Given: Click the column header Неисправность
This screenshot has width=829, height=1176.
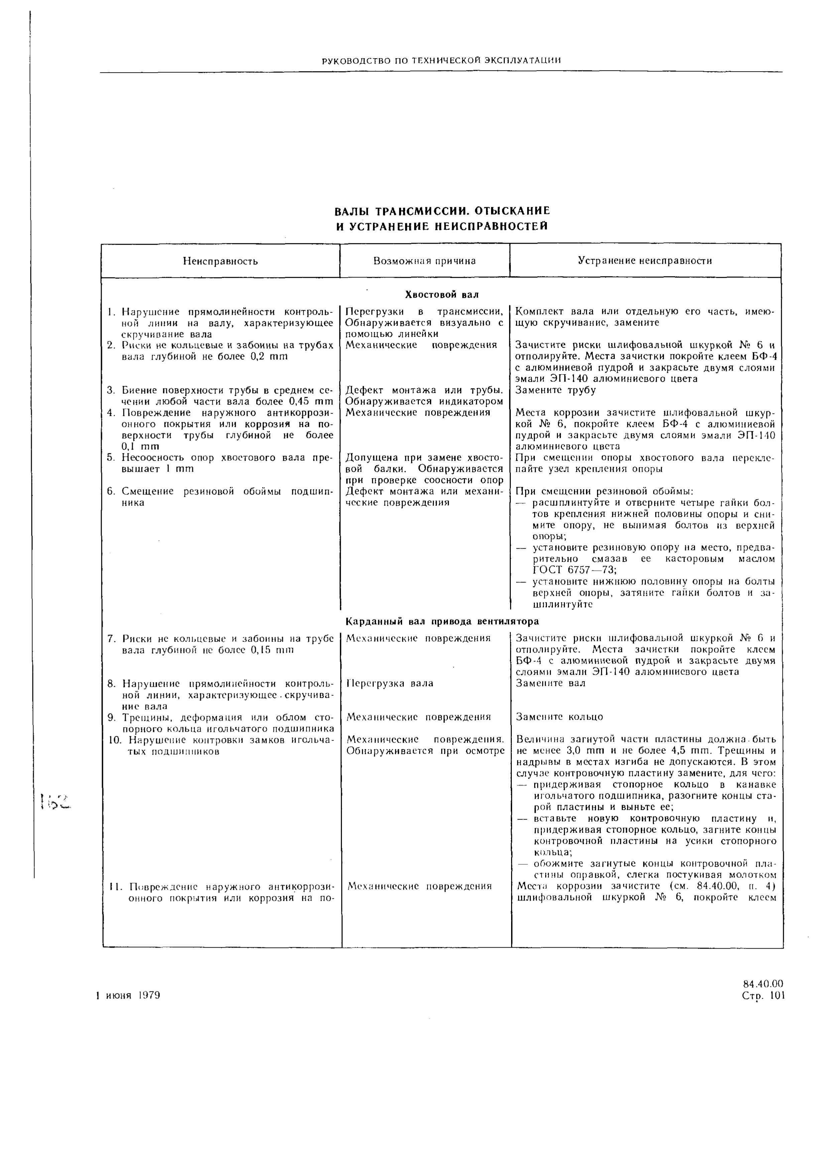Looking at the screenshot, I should tap(220, 261).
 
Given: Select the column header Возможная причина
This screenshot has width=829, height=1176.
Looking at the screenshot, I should tap(425, 261).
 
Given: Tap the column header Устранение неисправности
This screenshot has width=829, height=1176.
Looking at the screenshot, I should tap(645, 261).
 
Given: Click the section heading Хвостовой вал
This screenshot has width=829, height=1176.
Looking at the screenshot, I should tap(441, 295).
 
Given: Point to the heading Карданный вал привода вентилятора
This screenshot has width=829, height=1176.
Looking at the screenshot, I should tap(442, 621).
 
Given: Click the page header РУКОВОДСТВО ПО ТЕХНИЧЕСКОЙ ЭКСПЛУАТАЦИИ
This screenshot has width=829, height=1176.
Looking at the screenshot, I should tap(441, 61).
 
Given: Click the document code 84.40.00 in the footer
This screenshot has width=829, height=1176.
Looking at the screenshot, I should tap(762, 984).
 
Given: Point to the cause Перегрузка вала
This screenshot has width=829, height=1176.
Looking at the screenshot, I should tap(390, 683).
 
